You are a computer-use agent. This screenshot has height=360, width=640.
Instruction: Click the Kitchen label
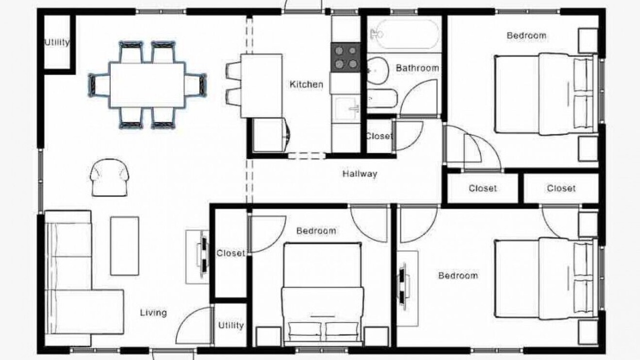point(306,84)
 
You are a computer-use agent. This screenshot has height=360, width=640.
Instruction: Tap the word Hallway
point(359,173)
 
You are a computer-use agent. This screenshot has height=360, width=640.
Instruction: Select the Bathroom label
point(417,68)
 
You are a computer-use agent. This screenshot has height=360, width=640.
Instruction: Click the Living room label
point(153,312)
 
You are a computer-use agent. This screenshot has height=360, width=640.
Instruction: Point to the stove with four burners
point(345,57)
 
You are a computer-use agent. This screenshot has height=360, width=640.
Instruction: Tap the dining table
point(147,85)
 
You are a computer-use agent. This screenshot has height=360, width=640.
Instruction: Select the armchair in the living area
point(109,177)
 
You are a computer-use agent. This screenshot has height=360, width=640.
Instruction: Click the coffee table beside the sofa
point(124,245)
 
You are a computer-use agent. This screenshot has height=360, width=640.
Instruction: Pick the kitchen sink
point(347,108)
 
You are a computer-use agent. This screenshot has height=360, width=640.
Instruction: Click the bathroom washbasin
point(377,70)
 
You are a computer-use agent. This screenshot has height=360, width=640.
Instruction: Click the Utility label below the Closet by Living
point(231,325)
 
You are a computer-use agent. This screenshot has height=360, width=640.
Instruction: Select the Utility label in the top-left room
point(57,42)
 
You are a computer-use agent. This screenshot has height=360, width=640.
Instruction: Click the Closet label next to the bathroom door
point(379,136)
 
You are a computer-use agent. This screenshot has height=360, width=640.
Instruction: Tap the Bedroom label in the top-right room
point(526,35)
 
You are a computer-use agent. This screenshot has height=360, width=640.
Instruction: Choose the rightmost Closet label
point(561,188)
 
